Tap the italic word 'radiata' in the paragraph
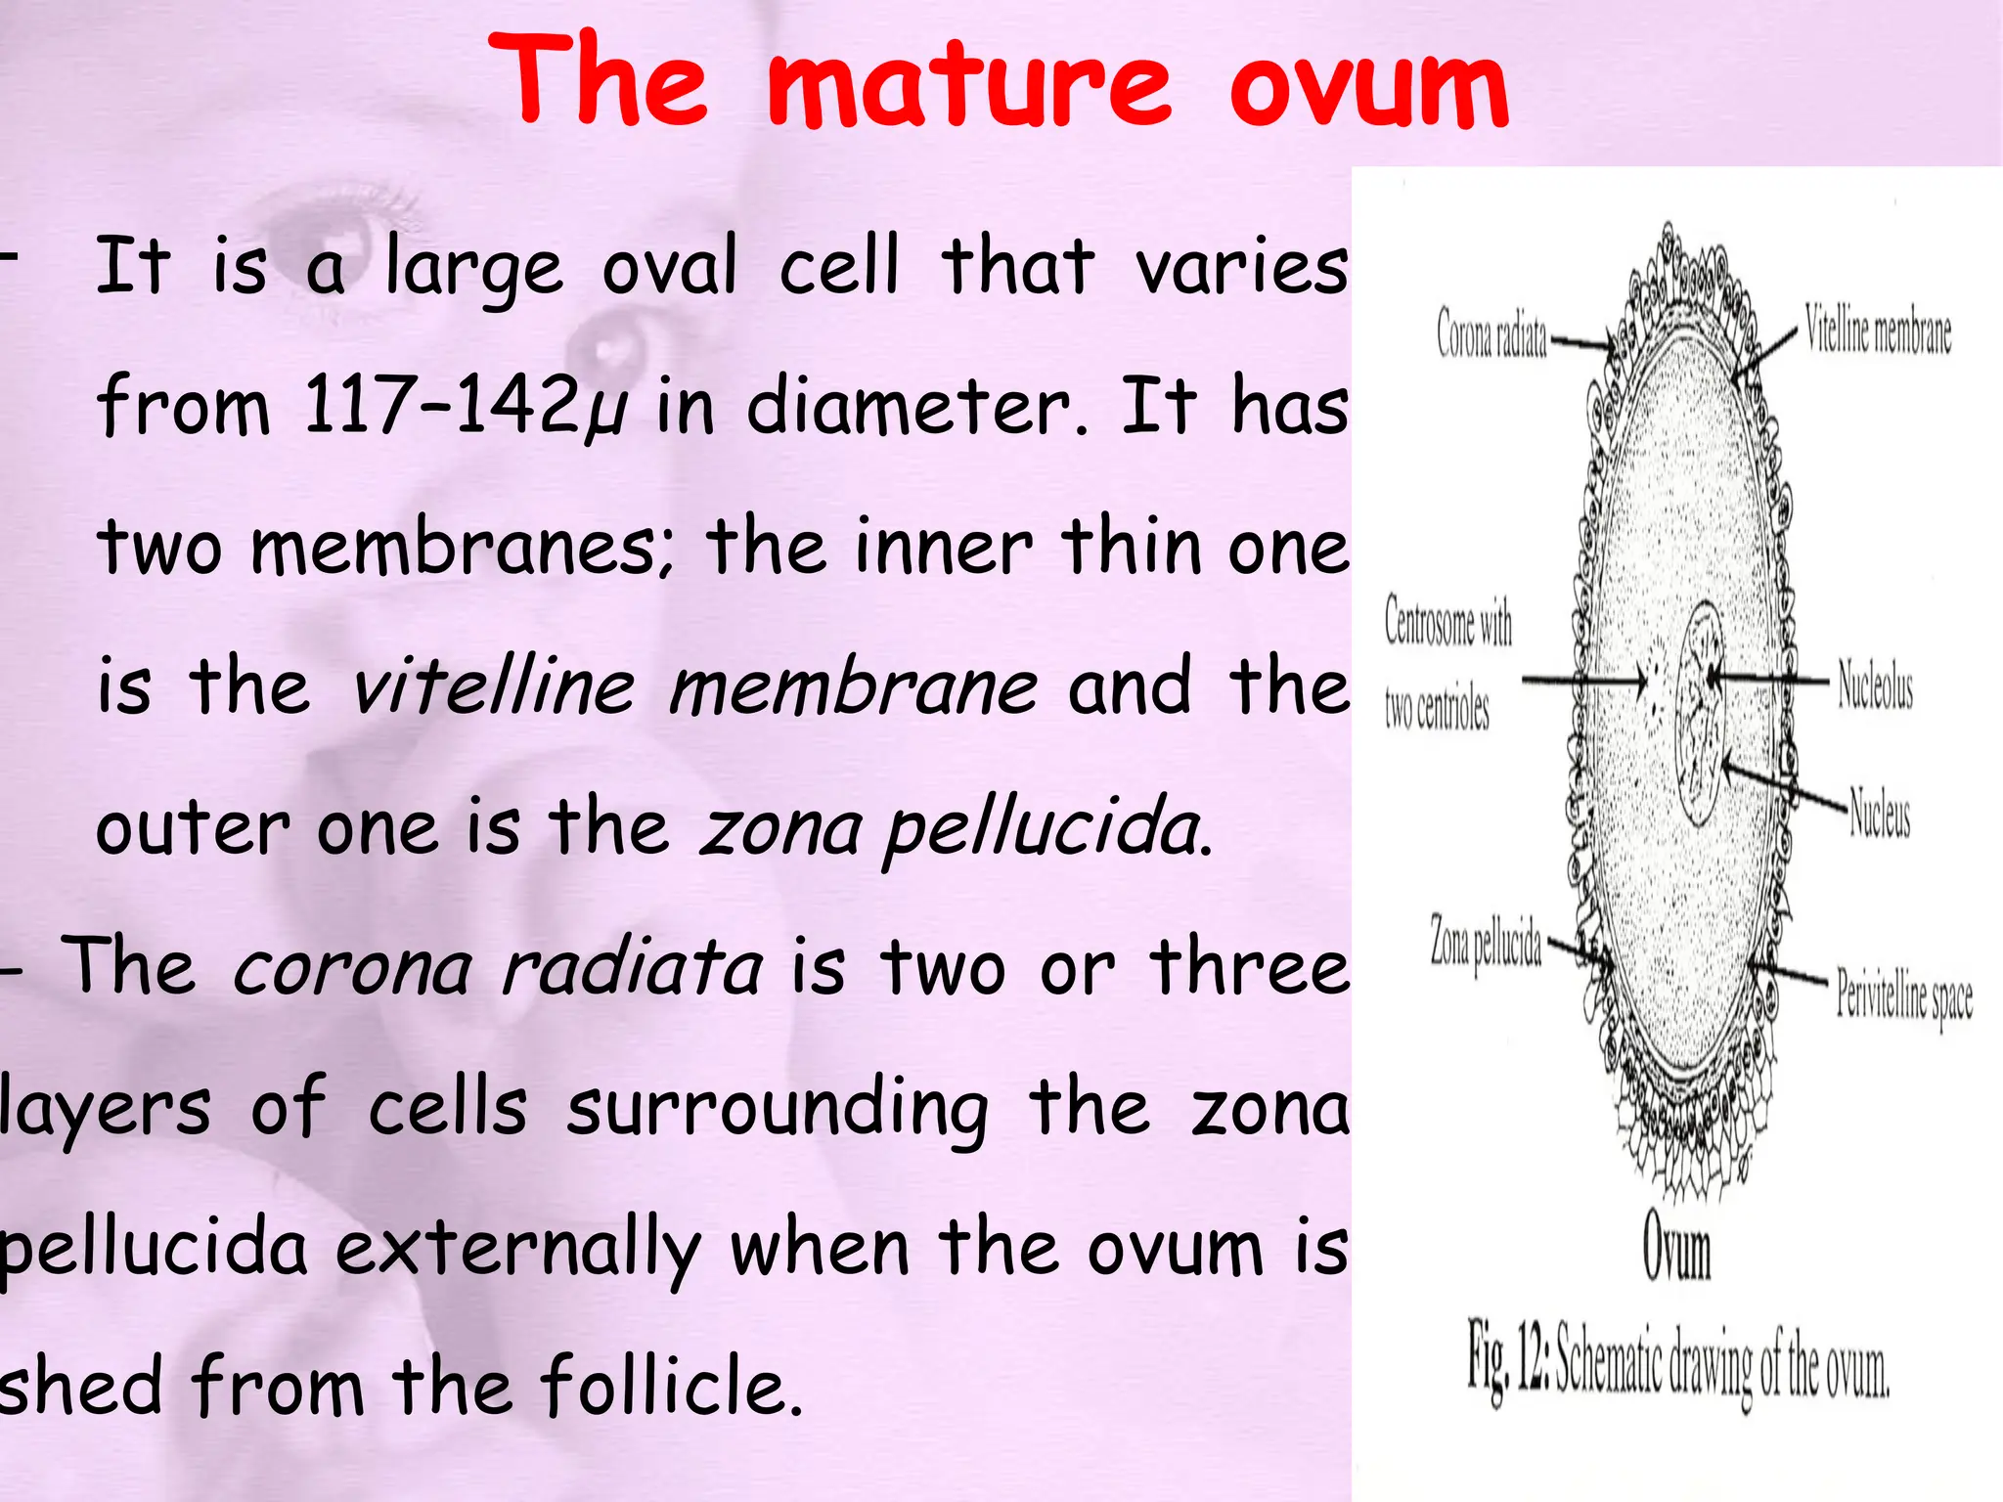[632, 968]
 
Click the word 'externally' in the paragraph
[518, 1250]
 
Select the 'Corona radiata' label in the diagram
[1491, 333]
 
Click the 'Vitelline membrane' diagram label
[1878, 331]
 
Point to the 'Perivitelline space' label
[1903, 995]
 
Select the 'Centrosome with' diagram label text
[1448, 622]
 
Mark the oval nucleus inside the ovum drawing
[1700, 714]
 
